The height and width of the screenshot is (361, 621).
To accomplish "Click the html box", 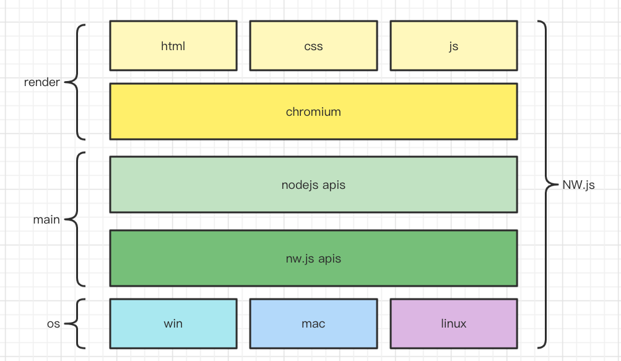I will [173, 46].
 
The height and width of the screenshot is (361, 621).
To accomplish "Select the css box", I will [313, 46].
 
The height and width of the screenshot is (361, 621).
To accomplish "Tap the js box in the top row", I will [453, 46].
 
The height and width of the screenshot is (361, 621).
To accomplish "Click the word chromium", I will [313, 112].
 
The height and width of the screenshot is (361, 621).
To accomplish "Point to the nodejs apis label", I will [313, 185].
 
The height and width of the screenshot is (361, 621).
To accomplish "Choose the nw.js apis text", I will [313, 258].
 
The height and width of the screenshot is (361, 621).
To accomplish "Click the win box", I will [173, 323].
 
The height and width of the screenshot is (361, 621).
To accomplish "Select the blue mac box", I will [313, 323].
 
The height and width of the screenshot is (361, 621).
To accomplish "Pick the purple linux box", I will [453, 323].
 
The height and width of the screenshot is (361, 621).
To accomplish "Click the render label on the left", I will [41, 82].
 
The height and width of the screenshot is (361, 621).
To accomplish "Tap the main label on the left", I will [46, 219].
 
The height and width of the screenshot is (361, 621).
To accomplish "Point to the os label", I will [53, 324].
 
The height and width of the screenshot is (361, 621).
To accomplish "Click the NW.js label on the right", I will [578, 185].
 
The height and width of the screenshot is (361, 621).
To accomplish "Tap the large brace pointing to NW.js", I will [545, 184].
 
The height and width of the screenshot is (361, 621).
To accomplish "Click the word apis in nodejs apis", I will [334, 185].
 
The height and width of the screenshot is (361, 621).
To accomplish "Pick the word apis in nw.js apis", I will [329, 258].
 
